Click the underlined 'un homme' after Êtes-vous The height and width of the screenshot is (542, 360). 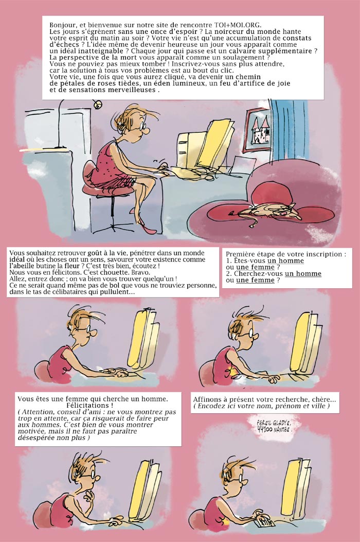pos(286,260)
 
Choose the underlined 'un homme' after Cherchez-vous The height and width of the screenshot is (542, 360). pos(303,274)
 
